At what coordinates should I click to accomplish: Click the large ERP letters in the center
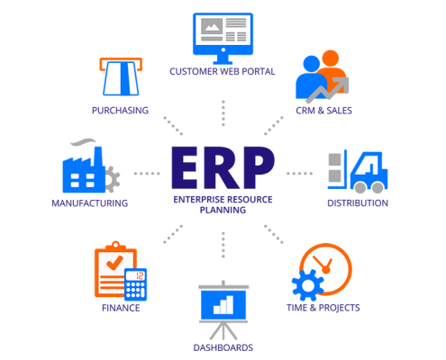tap(223, 167)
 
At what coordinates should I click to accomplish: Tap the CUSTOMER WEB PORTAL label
tap(223, 71)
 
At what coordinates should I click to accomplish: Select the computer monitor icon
tap(223, 39)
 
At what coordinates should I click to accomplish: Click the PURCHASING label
tap(120, 111)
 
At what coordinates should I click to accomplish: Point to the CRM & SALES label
tap(323, 111)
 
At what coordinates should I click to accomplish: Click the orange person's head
tap(331, 58)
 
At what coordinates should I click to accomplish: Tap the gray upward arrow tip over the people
tap(345, 80)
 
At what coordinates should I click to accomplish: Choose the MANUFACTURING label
tap(90, 203)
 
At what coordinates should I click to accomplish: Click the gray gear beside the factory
tap(113, 179)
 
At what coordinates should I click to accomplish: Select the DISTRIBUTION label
tap(358, 203)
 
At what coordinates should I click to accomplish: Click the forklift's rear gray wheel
tap(360, 187)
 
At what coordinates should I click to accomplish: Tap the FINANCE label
tap(121, 308)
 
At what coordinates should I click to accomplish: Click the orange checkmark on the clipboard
tap(114, 263)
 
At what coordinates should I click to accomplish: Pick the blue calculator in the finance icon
tap(136, 284)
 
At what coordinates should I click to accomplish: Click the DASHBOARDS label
tap(223, 347)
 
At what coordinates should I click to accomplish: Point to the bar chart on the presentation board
tap(223, 305)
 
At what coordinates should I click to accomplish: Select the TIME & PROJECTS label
tap(323, 308)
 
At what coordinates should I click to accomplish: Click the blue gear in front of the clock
tap(308, 285)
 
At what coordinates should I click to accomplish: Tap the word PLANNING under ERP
tap(223, 210)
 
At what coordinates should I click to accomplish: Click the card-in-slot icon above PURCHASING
tap(121, 76)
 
